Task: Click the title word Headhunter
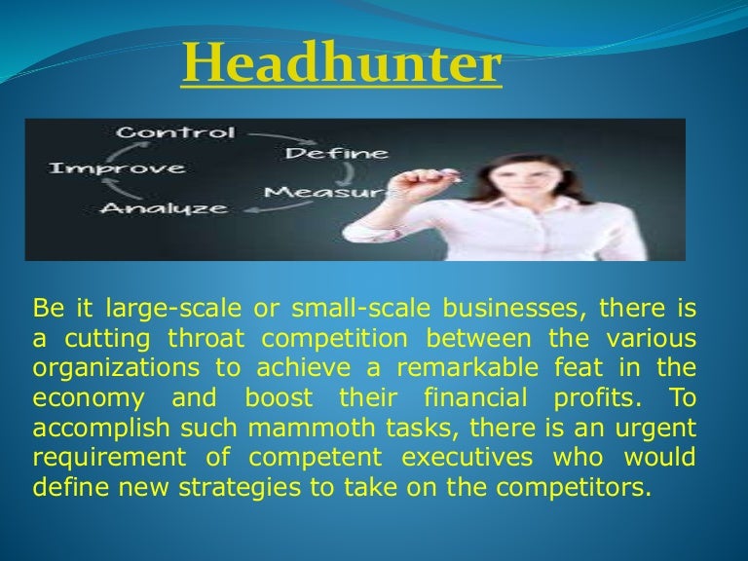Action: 342,66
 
